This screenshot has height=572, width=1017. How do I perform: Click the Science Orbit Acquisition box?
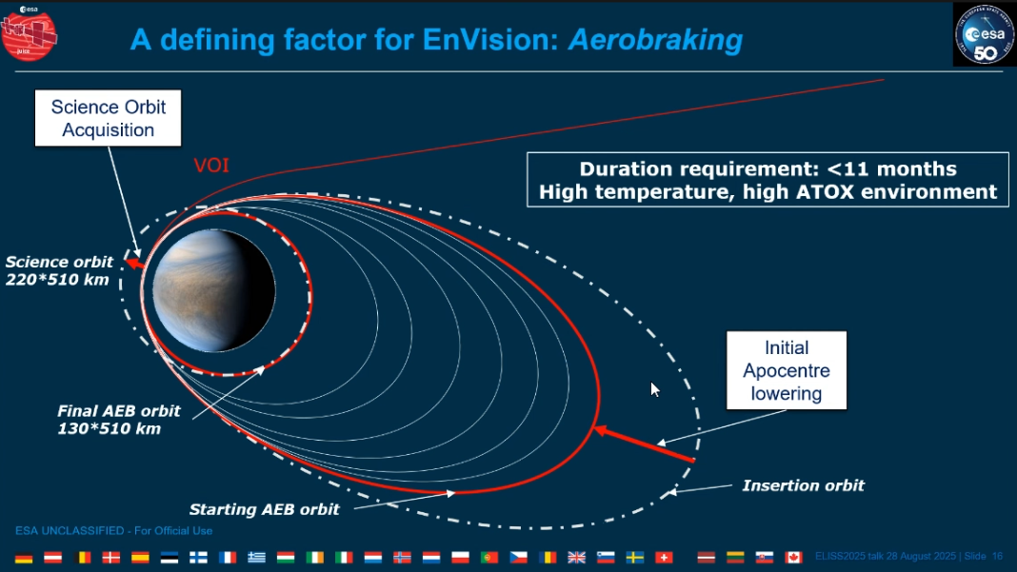(x=108, y=118)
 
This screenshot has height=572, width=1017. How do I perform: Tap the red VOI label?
(x=211, y=166)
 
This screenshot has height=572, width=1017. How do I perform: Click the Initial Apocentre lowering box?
(x=787, y=370)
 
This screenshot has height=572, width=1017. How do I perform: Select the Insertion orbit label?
(x=803, y=485)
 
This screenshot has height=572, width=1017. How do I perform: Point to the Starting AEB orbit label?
(x=264, y=509)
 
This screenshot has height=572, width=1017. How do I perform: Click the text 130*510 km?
(x=109, y=428)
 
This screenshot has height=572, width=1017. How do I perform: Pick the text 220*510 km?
(x=57, y=280)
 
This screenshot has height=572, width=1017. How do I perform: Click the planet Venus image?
(x=213, y=290)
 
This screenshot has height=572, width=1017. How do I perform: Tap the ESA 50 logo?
(x=984, y=34)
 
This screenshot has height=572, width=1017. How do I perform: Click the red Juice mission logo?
(x=30, y=33)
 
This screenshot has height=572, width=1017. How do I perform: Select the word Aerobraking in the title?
(x=655, y=40)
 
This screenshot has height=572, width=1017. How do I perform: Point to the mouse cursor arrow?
(x=655, y=389)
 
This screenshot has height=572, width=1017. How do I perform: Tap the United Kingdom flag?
(x=576, y=557)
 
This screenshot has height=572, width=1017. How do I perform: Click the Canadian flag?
(x=793, y=557)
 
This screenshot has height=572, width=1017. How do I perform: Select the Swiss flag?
(x=664, y=557)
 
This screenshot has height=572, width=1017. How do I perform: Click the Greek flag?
(x=256, y=557)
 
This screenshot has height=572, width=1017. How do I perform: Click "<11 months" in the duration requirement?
(x=892, y=168)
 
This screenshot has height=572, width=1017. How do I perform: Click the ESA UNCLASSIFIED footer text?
(x=113, y=530)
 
